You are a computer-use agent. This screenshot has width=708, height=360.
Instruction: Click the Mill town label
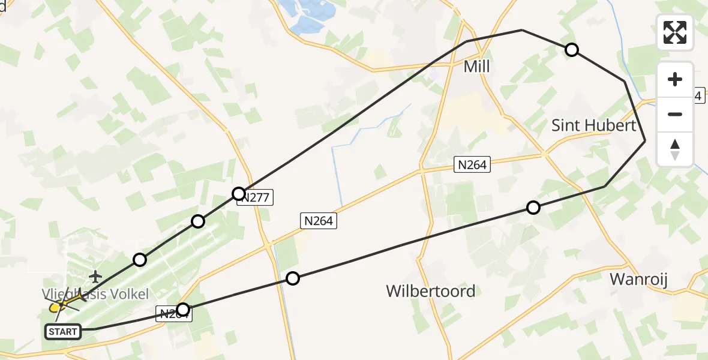[x=477, y=67]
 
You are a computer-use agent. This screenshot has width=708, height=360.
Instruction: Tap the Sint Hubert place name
[x=593, y=125]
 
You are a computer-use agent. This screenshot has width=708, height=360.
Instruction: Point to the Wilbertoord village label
[x=431, y=291]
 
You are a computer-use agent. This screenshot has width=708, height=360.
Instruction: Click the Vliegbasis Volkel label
[x=95, y=293]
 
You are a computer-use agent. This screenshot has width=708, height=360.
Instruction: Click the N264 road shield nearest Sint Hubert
[x=473, y=164]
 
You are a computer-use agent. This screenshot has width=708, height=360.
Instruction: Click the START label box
[x=63, y=331]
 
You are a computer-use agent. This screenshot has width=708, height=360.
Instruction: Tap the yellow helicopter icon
[x=57, y=307]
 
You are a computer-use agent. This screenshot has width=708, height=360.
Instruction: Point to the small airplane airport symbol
[x=95, y=277]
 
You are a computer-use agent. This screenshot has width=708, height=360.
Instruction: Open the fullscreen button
[x=675, y=32]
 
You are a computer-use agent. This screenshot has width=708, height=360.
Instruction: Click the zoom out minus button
[x=675, y=114]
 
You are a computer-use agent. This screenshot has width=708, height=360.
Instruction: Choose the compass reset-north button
[x=675, y=149]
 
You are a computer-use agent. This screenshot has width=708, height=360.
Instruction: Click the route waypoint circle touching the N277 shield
[x=239, y=193]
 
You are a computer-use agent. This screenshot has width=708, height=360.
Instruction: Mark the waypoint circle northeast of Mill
[x=572, y=50]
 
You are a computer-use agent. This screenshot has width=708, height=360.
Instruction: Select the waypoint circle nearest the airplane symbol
[x=140, y=260]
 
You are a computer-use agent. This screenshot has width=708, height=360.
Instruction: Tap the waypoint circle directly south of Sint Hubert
[x=533, y=208]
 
